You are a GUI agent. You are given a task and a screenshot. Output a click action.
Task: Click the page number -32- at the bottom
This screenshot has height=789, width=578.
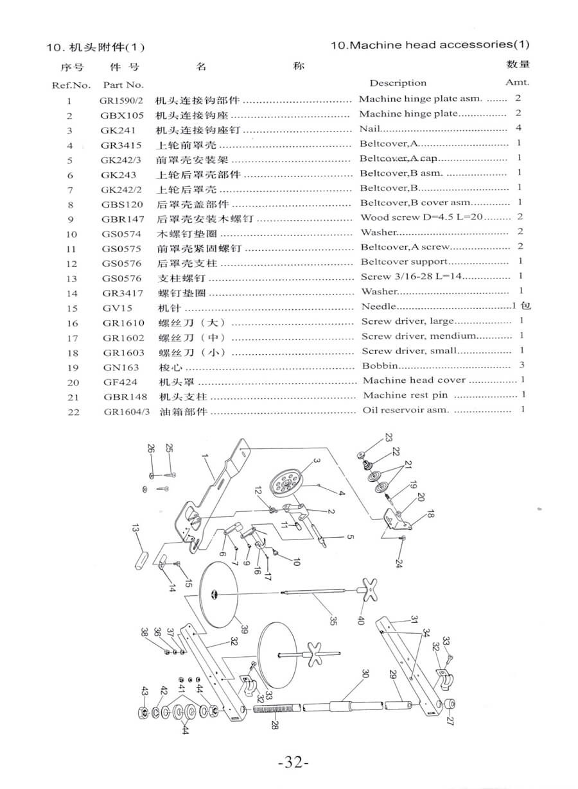coord(294,763)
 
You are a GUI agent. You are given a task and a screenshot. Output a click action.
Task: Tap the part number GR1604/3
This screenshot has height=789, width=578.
coord(127,411)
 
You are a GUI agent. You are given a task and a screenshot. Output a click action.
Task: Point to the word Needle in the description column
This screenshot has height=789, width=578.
coord(379,307)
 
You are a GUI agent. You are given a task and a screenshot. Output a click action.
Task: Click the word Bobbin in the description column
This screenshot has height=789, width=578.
coord(380,366)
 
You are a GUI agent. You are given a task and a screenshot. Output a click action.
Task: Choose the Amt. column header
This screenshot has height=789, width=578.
coord(517,82)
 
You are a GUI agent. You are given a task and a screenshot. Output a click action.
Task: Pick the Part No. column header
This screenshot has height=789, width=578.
coord(123,85)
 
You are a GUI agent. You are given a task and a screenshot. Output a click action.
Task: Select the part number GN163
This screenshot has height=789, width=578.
coord(118,367)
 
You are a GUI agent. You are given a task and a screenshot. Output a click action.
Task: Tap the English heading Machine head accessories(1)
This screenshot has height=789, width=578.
coord(430,45)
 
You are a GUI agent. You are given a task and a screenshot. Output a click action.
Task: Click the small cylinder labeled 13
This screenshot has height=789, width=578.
coord(140,558)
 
